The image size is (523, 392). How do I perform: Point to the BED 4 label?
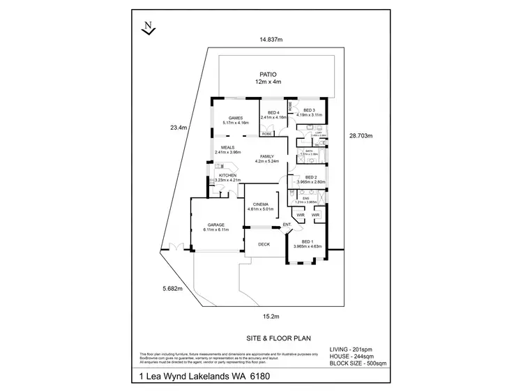click(273, 113)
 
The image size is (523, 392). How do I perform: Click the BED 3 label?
click(309, 110)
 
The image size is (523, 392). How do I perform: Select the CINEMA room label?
click(261, 204)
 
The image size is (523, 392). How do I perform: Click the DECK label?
click(264, 244)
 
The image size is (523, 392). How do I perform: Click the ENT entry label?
click(287, 225)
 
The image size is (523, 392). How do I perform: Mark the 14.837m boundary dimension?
click(271, 40)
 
